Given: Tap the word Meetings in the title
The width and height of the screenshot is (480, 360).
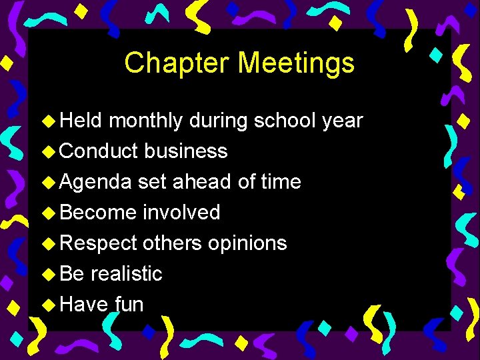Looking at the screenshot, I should [297, 63].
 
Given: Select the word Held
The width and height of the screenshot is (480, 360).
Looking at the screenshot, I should [81, 121].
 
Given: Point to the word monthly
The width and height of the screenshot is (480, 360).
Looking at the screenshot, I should [146, 121].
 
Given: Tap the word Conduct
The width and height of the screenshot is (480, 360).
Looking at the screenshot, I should [99, 151].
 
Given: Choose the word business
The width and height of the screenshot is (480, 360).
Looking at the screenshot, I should [186, 151].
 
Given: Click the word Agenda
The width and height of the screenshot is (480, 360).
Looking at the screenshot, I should [96, 183].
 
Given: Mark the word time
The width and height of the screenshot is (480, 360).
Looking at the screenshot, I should [280, 182].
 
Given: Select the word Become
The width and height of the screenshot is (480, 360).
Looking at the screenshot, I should [98, 213].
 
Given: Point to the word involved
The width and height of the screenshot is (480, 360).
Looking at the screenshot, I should [181, 213].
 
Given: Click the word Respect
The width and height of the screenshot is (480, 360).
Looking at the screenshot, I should [99, 243].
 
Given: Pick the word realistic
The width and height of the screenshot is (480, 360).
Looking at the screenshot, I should [127, 274].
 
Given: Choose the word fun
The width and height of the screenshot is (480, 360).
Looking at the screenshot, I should [129, 305].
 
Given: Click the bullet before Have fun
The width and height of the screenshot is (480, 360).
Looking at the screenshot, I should [49, 305].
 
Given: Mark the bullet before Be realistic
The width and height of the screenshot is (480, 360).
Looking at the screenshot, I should [49, 275].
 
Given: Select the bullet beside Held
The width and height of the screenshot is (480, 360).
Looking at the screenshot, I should [49, 121].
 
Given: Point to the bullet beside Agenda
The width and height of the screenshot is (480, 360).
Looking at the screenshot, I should [49, 183].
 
